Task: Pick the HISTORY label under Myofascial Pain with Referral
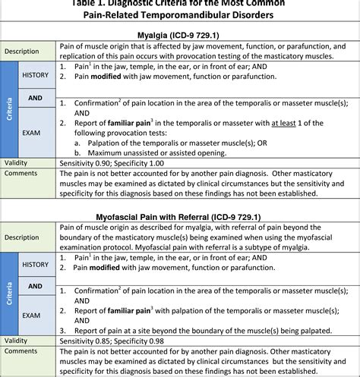pyautogui.click(x=35, y=264)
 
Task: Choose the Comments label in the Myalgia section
pyautogui.click(x=21, y=172)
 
